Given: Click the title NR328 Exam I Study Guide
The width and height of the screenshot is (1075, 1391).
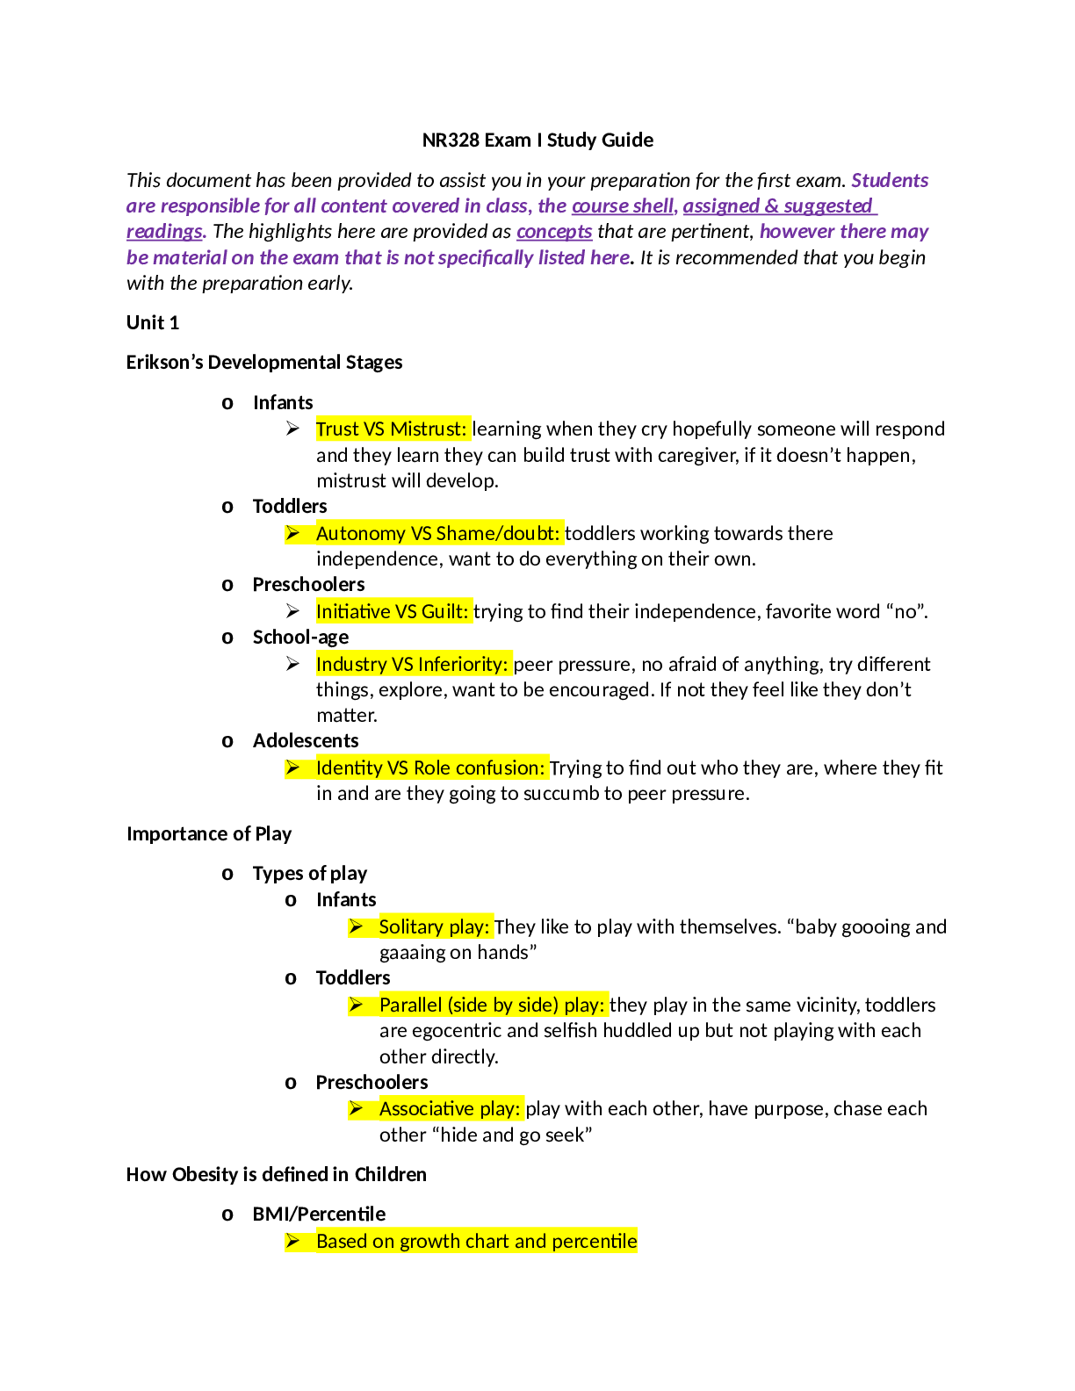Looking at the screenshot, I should point(537,141).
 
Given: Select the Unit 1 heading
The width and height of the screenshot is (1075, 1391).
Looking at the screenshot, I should point(153,322).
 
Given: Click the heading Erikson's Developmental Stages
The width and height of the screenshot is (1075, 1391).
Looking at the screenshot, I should point(264,363).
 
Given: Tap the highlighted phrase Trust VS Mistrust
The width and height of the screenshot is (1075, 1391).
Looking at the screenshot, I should point(392,429).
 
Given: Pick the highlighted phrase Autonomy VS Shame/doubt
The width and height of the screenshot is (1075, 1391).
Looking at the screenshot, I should point(438,533).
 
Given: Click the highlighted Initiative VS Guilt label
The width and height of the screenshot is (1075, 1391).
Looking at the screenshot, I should point(393,611).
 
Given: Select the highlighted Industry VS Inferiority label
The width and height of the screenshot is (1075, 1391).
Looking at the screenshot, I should point(412,664).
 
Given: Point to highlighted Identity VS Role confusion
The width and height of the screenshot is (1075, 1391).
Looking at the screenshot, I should point(430,768).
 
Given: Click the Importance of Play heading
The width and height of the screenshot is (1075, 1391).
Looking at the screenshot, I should point(209,833).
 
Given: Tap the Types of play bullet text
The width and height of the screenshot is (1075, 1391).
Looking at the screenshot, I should point(310,874).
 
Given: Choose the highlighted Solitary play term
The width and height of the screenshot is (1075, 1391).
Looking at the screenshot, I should point(434,926).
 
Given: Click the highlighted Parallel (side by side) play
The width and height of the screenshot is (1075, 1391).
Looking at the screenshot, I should point(492,1005).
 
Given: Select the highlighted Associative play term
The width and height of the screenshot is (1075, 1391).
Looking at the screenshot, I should point(450,1108).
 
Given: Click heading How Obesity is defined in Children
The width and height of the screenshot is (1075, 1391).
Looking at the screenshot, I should point(277,1174).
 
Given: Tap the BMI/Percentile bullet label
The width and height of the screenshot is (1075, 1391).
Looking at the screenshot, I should point(319,1214).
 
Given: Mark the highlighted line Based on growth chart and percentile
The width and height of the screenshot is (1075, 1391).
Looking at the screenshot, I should point(476,1241).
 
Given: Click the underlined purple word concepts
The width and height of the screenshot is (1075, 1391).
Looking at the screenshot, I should point(554,232).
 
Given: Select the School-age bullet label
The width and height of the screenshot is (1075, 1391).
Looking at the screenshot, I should point(300,637).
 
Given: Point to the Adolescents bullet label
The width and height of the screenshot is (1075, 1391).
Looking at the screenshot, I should point(306,740).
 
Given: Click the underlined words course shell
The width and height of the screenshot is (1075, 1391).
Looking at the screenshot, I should point(623,206).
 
